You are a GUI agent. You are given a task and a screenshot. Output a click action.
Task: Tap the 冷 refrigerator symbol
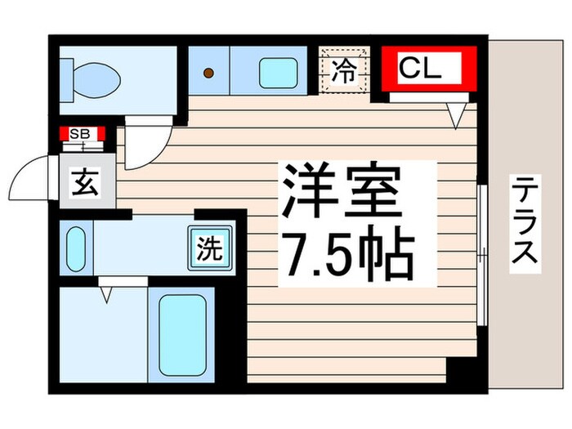[x=345, y=70]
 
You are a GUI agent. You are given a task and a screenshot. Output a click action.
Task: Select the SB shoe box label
[x=81, y=133]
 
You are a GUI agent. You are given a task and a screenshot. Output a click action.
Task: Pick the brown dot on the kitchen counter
[x=208, y=74]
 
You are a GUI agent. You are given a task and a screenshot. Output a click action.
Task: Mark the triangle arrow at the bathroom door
[x=105, y=294]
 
